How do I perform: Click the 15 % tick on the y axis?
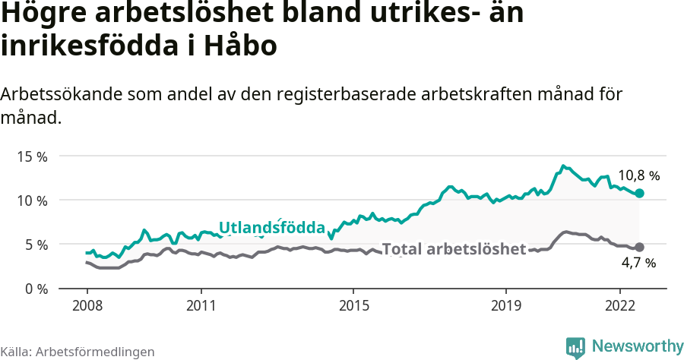click(x=31, y=156)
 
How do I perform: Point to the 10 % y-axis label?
click(x=31, y=201)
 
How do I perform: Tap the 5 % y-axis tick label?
click(x=34, y=245)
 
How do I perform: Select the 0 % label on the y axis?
click(x=34, y=289)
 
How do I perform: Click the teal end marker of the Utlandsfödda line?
click(x=639, y=194)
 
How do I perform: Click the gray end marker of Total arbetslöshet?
click(x=639, y=248)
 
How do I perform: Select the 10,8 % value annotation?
click(x=638, y=175)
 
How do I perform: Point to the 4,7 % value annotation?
click(x=638, y=263)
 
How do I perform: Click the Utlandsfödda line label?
click(x=271, y=227)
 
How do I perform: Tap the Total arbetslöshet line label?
click(x=453, y=249)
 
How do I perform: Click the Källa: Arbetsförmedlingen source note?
click(x=78, y=352)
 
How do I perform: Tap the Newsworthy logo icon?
click(x=575, y=347)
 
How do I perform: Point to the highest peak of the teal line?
click(x=562, y=166)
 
